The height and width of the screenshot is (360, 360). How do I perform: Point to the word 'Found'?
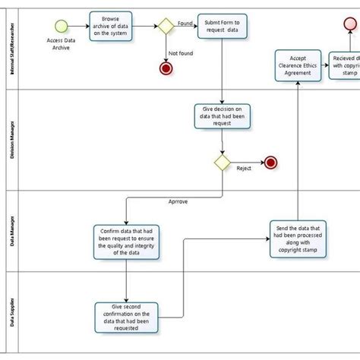[185, 23]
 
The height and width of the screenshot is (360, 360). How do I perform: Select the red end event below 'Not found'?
[166, 69]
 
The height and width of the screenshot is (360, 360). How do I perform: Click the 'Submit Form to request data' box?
[222, 28]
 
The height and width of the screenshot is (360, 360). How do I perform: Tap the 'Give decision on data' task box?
[222, 118]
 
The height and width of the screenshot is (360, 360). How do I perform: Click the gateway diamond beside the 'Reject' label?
[222, 162]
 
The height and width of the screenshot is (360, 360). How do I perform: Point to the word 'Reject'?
[244, 168]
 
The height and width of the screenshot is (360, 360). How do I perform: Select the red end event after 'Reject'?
[270, 162]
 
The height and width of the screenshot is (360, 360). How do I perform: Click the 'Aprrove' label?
[179, 203]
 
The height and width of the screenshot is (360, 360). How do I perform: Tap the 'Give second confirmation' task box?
[127, 317]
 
